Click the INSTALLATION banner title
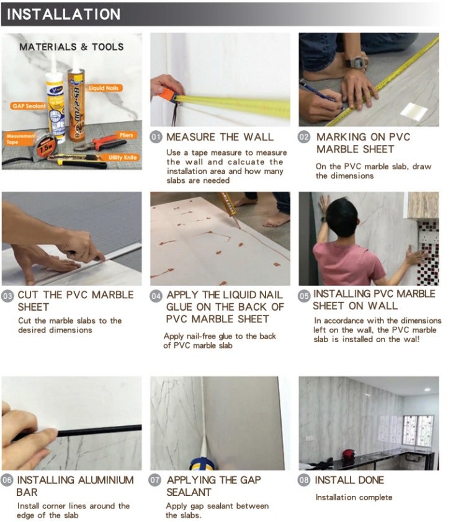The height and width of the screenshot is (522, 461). [x=64, y=14]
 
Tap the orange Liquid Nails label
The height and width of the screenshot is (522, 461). [x=104, y=88]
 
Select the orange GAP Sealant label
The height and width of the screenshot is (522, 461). [x=29, y=106]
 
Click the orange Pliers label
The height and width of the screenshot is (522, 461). [x=126, y=135]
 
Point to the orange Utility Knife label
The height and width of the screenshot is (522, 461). [x=122, y=157]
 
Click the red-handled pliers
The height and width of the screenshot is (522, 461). [x=101, y=144]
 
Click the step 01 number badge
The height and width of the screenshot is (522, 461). [x=156, y=137]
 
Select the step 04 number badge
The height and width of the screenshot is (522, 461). [x=156, y=296]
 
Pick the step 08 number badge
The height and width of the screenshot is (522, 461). [x=304, y=480]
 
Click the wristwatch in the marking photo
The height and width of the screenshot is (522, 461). [x=357, y=61]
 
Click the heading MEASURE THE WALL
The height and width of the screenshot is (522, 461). [x=220, y=137]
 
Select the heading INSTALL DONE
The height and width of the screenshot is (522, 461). [x=349, y=480]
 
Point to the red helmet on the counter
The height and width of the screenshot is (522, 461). [x=348, y=455]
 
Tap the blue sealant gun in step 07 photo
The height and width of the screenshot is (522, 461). [x=202, y=463]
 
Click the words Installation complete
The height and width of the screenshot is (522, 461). [x=354, y=497]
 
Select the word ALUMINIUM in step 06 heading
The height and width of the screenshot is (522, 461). [x=105, y=480]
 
